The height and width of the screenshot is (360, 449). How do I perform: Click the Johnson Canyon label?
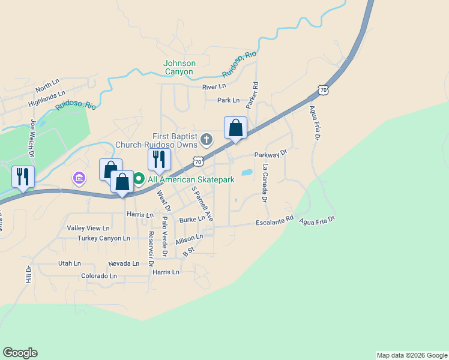pos(179,67)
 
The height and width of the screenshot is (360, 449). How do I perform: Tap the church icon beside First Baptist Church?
pos(206,140)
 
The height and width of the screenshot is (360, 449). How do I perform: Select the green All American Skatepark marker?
pos(138,179)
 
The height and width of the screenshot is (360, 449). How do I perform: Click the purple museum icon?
pos(79,178)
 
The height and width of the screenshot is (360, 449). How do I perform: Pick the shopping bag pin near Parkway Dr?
pos(235,128)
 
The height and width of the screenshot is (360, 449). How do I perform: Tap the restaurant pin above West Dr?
pos(159,160)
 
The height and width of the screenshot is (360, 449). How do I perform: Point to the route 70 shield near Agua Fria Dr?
pos(324,90)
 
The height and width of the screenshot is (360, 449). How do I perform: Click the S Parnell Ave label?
pos(202,203)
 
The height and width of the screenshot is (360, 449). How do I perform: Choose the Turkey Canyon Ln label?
pos(103,238)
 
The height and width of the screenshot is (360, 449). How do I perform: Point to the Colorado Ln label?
pos(98,276)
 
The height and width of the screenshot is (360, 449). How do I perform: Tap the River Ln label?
pos(214,87)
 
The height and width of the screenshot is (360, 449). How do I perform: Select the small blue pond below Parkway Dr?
pos(246,172)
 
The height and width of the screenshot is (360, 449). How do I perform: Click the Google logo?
pos(20,353)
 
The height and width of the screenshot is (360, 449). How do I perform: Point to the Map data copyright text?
pos(411,355)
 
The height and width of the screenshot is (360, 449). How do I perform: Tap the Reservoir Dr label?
pos(151,250)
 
